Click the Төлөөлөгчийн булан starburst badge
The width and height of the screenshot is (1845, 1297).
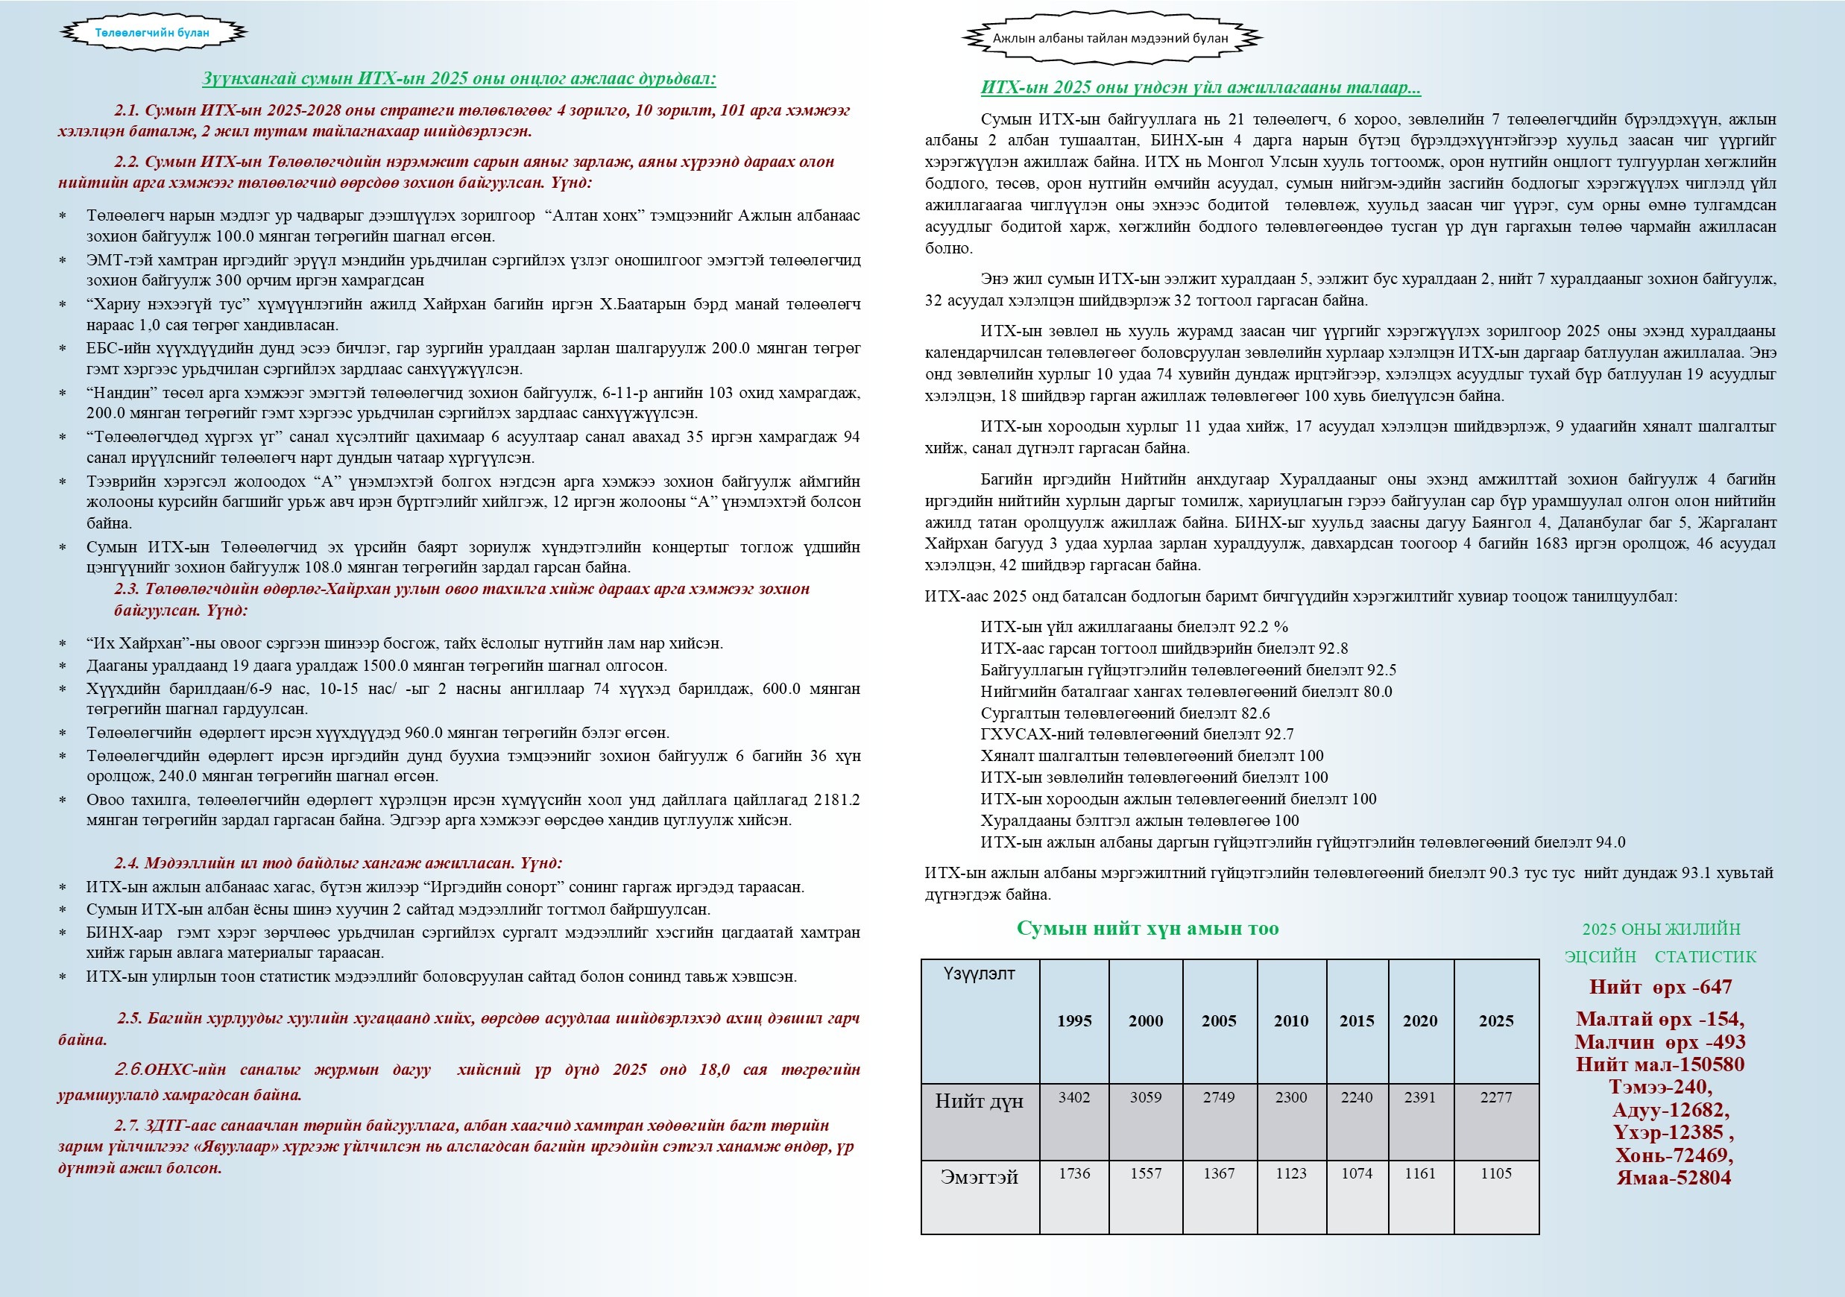(x=153, y=33)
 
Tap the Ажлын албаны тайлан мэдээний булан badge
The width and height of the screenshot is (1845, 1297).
(x=1110, y=38)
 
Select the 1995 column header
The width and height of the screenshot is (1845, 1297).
(x=1073, y=1020)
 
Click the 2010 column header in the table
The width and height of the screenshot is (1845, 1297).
(x=1290, y=1020)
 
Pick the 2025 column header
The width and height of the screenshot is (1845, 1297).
(x=1495, y=1020)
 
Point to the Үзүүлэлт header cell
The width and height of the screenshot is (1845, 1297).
(x=979, y=974)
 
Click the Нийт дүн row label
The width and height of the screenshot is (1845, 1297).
(x=979, y=1101)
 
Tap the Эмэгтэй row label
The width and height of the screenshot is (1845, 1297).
(x=979, y=1177)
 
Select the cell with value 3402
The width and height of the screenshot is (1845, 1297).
(x=1073, y=1098)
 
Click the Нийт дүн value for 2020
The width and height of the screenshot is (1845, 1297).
(x=1420, y=1098)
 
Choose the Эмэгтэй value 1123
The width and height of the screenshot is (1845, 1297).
(x=1290, y=1173)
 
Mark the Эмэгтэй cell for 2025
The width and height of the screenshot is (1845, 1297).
(x=1495, y=1173)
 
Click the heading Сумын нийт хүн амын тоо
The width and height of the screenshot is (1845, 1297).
(x=1147, y=928)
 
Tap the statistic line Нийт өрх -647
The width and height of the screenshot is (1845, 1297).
(x=1660, y=987)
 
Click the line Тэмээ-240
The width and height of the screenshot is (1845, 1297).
(x=1660, y=1088)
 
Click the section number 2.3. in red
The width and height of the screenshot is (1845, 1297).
(x=127, y=589)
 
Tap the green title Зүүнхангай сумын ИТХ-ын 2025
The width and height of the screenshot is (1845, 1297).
(x=459, y=79)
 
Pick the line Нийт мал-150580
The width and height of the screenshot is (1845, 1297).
(x=1660, y=1064)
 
